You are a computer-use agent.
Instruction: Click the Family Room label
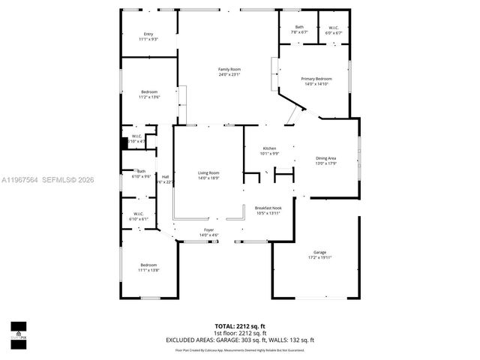point(229,72)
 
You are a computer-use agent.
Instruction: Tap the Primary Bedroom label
point(316,81)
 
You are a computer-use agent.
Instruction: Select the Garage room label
point(319,254)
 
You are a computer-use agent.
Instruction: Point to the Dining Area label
point(326,160)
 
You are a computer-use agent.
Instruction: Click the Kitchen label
point(269,151)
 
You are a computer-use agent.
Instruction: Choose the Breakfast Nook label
point(268,211)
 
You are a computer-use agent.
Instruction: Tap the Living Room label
point(208,175)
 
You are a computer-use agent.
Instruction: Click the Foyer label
point(208,232)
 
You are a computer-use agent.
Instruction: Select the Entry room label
point(148,37)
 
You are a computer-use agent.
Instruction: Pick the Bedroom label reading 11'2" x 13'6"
point(148,94)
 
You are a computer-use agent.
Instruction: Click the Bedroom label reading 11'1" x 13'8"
point(148,267)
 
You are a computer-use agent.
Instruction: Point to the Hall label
point(165,179)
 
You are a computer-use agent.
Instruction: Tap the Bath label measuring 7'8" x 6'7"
point(299,30)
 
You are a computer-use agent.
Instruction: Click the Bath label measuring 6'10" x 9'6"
point(141,173)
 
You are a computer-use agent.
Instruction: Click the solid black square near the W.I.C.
point(126,141)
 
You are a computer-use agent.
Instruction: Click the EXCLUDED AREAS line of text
point(240,340)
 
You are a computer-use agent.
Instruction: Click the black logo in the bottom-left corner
point(18,330)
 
